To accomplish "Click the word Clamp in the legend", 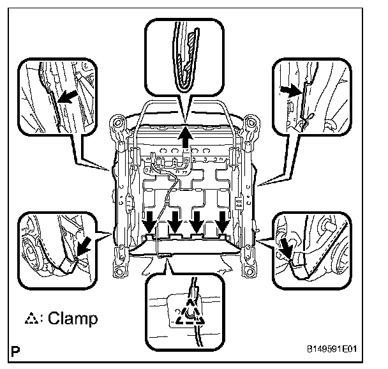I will tap(73, 318).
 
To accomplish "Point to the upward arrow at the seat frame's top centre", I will tap(185, 137).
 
